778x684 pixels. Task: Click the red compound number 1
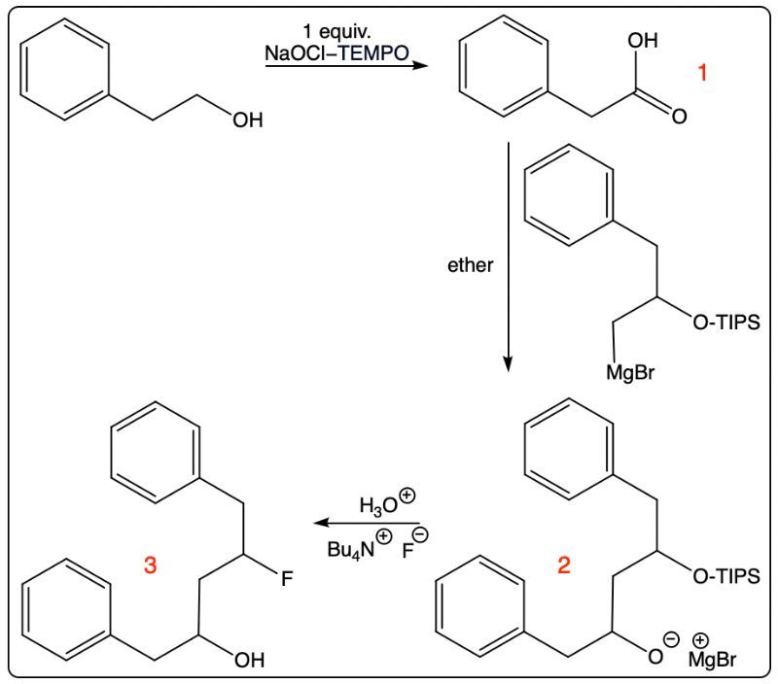(x=701, y=72)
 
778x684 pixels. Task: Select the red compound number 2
(x=564, y=564)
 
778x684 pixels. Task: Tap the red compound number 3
(x=150, y=564)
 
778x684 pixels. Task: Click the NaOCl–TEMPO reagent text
(x=336, y=53)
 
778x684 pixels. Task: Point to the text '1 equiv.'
(x=336, y=32)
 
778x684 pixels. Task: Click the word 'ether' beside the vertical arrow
(x=471, y=265)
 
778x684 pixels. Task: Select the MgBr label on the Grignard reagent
(x=630, y=372)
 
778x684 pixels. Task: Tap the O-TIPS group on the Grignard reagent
(x=726, y=323)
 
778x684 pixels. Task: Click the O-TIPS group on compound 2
(x=726, y=576)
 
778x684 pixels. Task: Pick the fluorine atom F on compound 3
(x=287, y=578)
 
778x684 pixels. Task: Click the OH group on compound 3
(x=249, y=660)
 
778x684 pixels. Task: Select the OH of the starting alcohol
(x=248, y=120)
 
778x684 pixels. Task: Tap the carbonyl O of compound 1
(x=679, y=116)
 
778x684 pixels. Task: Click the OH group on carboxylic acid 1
(x=643, y=40)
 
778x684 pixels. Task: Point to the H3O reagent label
(x=378, y=505)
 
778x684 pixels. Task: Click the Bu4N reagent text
(x=351, y=549)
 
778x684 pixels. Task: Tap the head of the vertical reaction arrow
(x=507, y=367)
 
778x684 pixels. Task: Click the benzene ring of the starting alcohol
(x=65, y=69)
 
